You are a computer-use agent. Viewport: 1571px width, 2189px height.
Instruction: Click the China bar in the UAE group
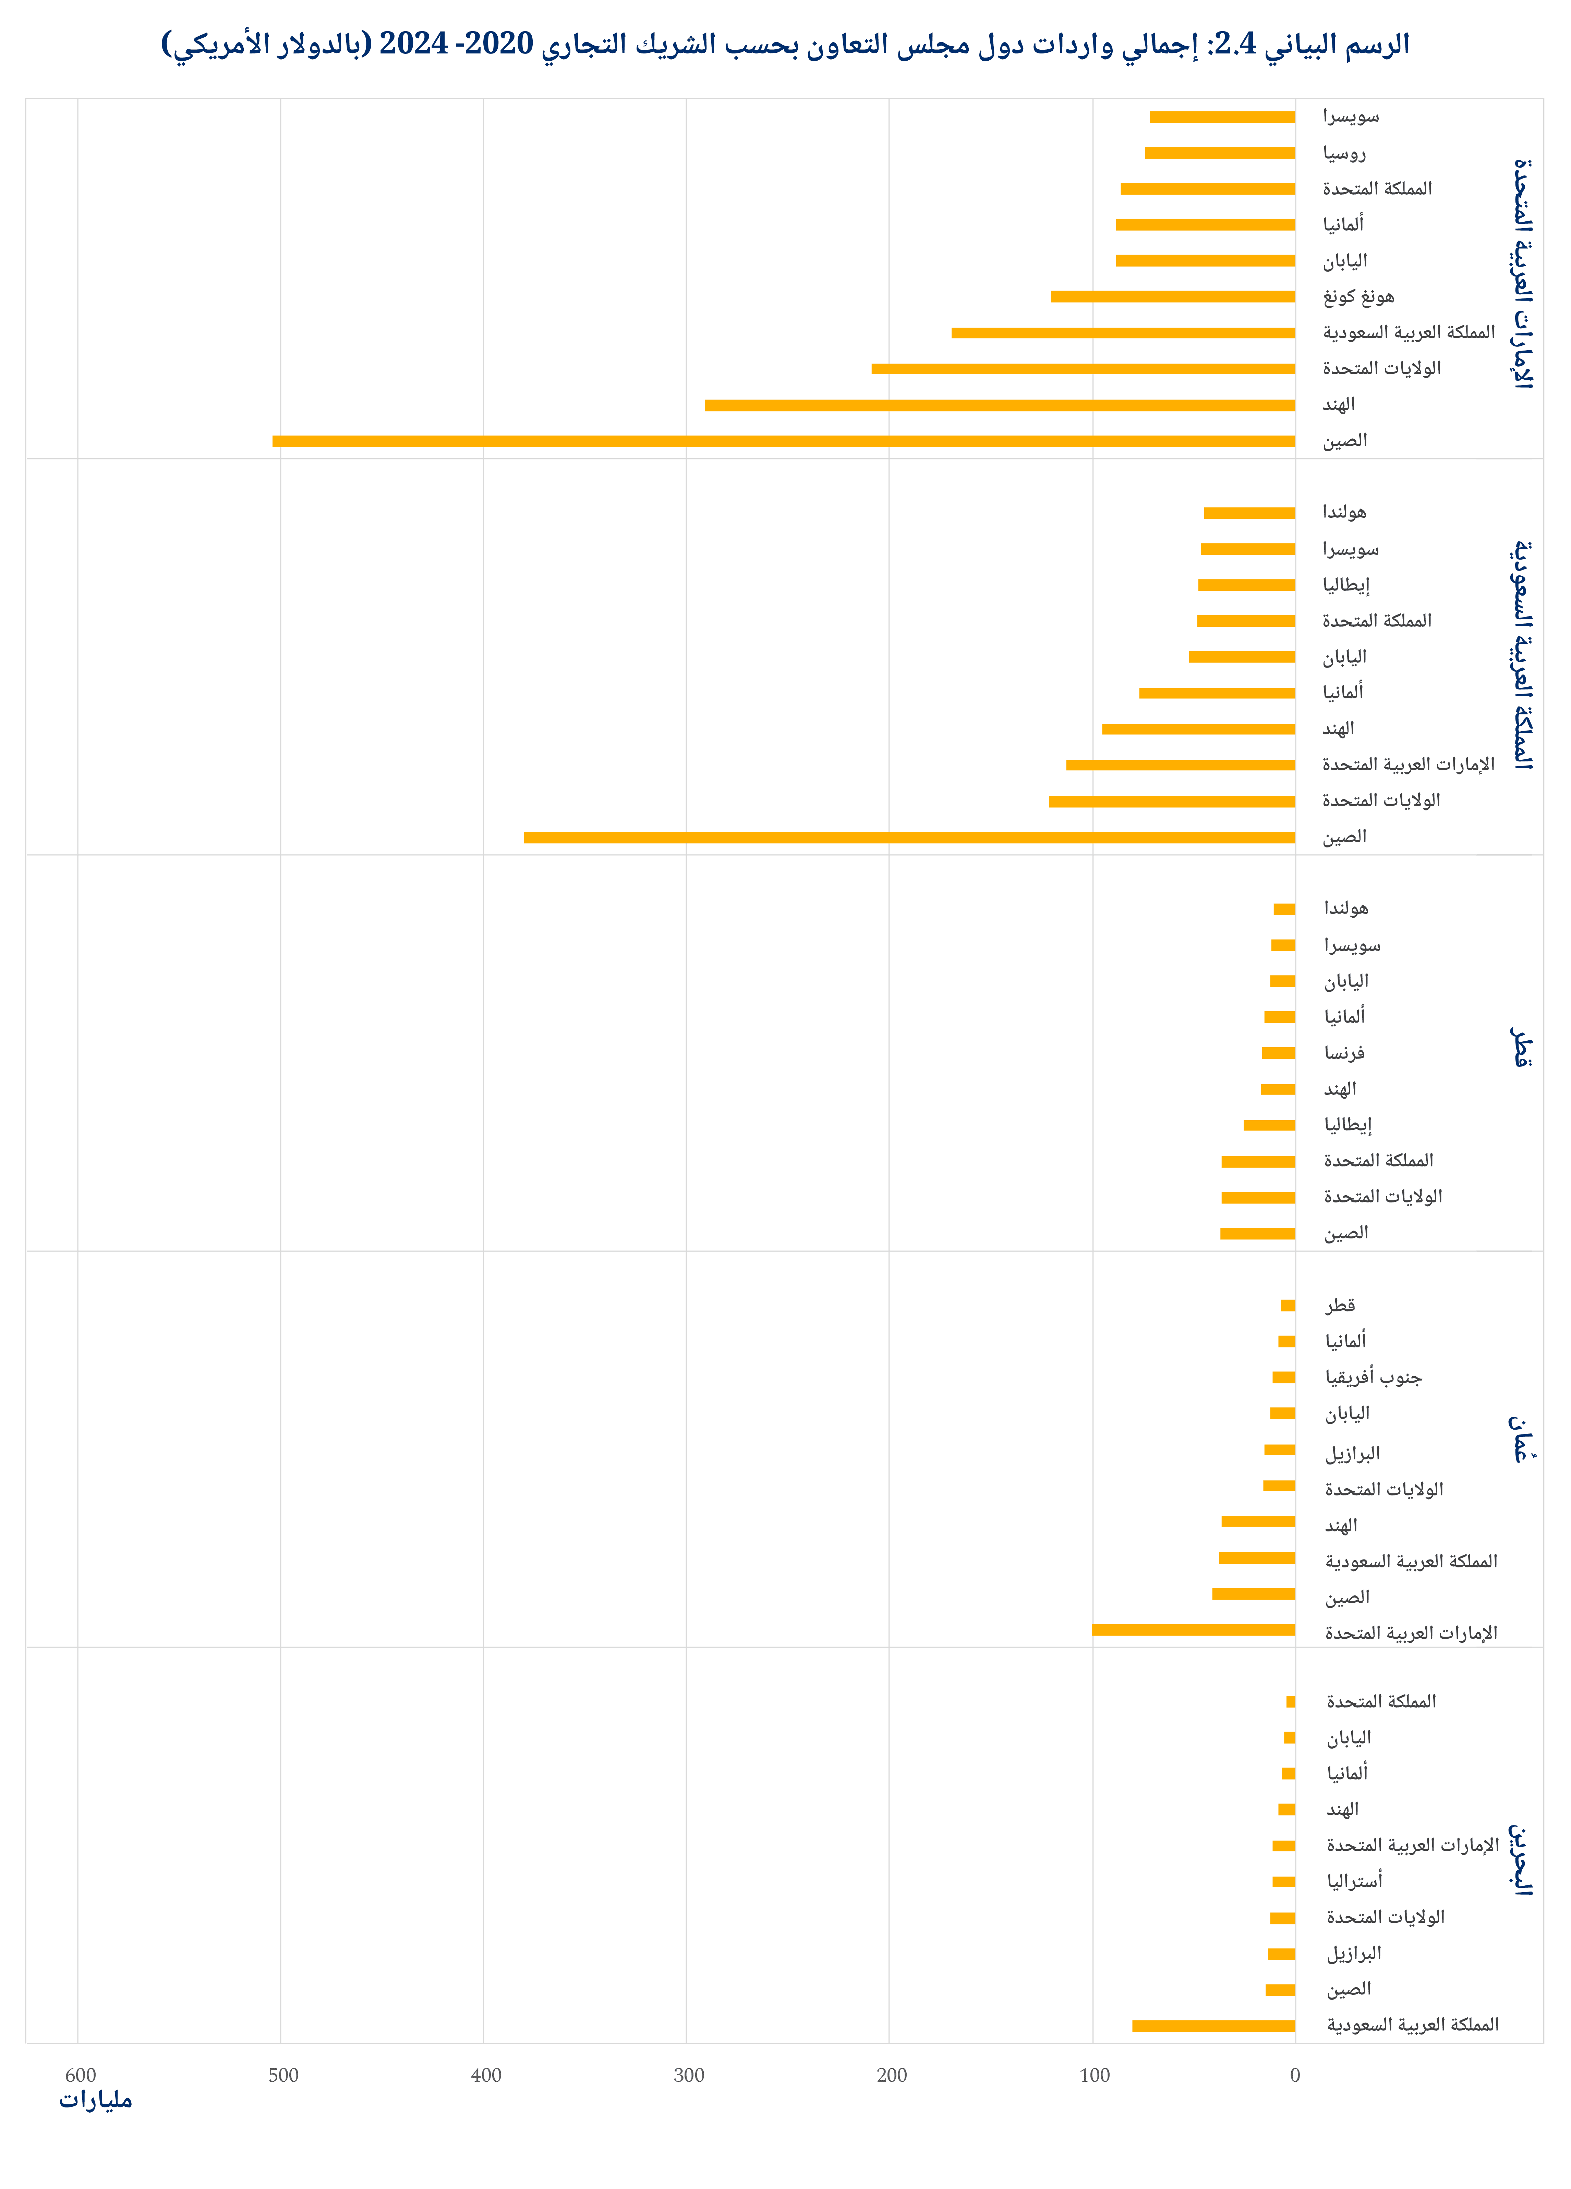coord(783,441)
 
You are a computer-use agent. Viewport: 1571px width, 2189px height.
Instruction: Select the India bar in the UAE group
coord(999,405)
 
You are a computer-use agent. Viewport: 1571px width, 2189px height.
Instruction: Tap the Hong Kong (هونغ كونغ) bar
coord(1173,296)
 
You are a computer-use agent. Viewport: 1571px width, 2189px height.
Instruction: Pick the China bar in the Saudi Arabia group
coord(909,837)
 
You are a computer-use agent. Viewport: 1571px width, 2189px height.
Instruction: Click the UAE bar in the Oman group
coord(1194,1630)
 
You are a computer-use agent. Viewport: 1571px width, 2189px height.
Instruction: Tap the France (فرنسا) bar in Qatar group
coord(1278,1053)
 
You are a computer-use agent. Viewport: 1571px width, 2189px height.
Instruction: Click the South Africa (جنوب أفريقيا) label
coord(1373,1377)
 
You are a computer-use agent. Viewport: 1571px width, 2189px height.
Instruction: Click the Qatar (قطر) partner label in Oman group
coord(1340,1305)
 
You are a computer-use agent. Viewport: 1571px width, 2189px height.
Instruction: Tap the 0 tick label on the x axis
coord(1295,2075)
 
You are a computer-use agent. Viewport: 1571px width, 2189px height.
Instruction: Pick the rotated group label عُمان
coord(1522,1438)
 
